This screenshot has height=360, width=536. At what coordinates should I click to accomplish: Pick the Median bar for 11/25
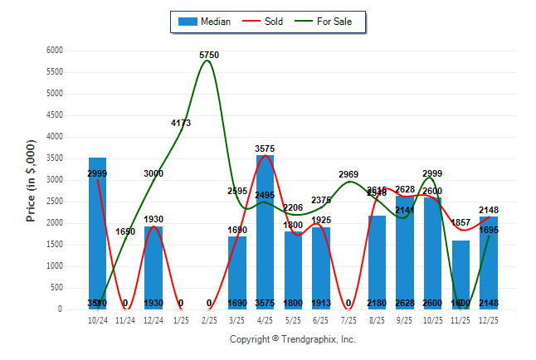point(460,275)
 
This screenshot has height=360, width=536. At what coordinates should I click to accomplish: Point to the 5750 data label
point(209,55)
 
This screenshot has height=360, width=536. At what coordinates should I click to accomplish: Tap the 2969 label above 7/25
point(348,174)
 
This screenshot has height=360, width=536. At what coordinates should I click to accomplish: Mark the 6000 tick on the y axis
point(55,51)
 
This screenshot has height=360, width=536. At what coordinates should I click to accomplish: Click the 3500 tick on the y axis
point(55,158)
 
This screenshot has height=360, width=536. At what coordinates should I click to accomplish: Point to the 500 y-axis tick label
point(57,288)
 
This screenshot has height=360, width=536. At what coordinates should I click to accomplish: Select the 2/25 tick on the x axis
point(209,319)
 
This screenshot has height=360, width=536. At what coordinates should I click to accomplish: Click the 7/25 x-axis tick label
point(348,319)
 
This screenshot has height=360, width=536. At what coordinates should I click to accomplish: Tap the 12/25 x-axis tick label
point(489,319)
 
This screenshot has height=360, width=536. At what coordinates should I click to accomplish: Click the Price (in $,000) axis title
point(31,180)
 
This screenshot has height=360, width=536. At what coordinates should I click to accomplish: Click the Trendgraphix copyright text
point(292,339)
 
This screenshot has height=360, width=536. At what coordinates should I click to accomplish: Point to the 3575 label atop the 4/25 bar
point(265,149)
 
